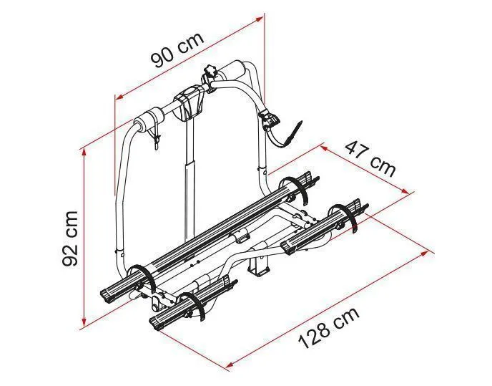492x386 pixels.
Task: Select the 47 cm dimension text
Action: [x=370, y=158]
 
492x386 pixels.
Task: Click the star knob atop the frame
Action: [x=211, y=71]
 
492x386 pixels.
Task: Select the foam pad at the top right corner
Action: [x=233, y=71]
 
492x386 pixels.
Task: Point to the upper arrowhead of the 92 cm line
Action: [x=84, y=153]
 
